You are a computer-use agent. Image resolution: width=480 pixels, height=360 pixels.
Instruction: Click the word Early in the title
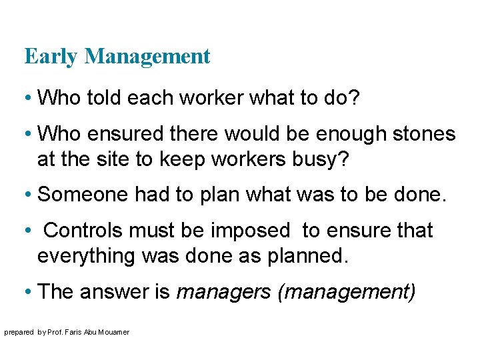(51, 57)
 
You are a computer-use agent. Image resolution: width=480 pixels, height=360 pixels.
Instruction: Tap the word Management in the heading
(147, 57)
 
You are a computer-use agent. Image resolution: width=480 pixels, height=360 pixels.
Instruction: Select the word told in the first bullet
(98, 98)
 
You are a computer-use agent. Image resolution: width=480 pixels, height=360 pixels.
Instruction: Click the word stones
(423, 134)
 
